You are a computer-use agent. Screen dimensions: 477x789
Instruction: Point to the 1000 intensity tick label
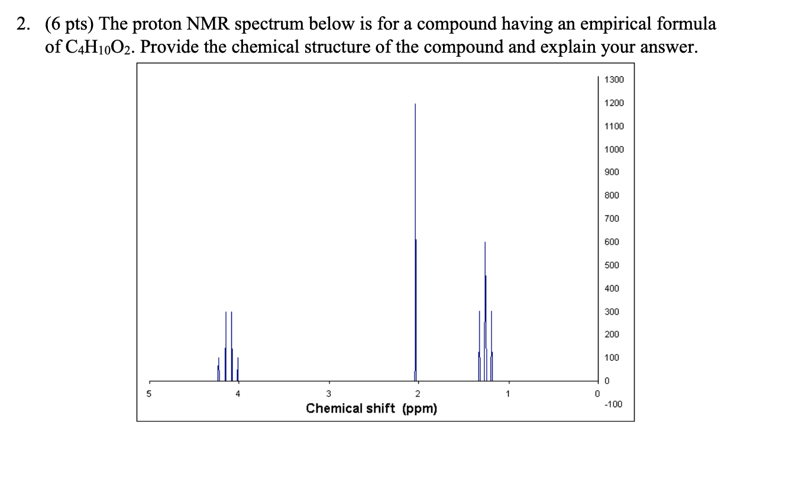[614, 149]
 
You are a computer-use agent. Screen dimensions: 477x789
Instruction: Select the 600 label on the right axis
[612, 242]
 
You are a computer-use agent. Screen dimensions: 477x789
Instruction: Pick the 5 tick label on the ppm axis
[149, 394]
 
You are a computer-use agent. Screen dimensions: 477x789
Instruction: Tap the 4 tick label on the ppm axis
[238, 394]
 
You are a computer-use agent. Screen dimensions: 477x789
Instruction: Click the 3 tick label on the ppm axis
[328, 394]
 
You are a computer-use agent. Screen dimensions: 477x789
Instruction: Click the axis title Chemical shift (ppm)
[371, 408]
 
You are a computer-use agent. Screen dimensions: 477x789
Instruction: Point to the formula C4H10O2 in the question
[98, 47]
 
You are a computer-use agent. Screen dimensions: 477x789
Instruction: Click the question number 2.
[22, 24]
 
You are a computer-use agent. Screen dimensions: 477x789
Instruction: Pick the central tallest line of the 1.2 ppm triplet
[485, 308]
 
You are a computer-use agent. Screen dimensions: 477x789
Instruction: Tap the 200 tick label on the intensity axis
[612, 335]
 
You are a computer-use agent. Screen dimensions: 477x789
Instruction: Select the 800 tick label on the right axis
[612, 195]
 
